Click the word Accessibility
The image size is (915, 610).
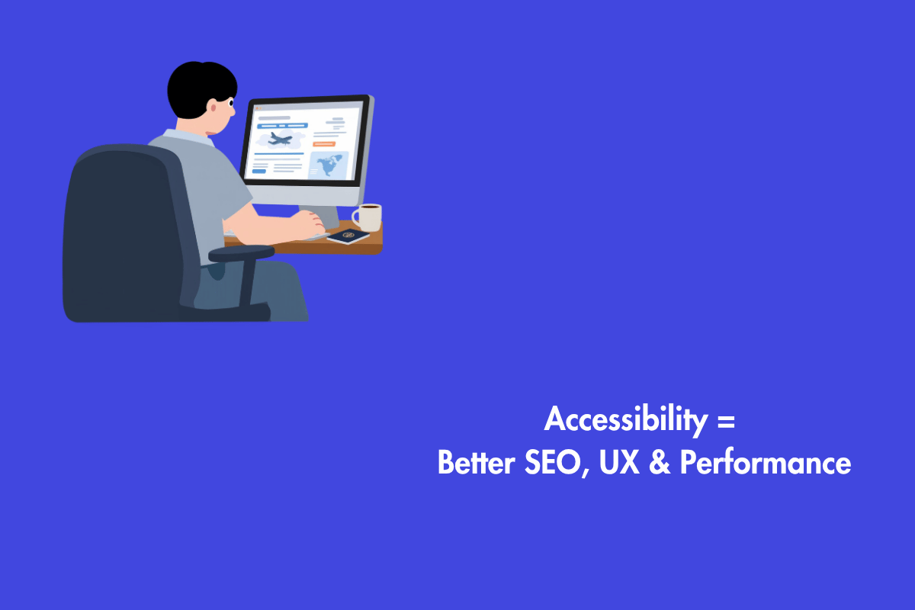click(x=625, y=421)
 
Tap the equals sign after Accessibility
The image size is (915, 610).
click(x=726, y=421)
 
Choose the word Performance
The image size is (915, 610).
click(x=765, y=463)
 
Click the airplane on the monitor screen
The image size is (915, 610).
click(x=280, y=139)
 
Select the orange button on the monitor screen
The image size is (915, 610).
click(x=324, y=143)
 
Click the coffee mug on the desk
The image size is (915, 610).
click(x=368, y=217)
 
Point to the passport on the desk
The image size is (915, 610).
click(x=348, y=237)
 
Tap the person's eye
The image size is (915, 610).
click(x=230, y=100)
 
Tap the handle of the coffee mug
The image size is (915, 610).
click(x=356, y=217)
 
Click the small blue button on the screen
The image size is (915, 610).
click(x=259, y=172)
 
